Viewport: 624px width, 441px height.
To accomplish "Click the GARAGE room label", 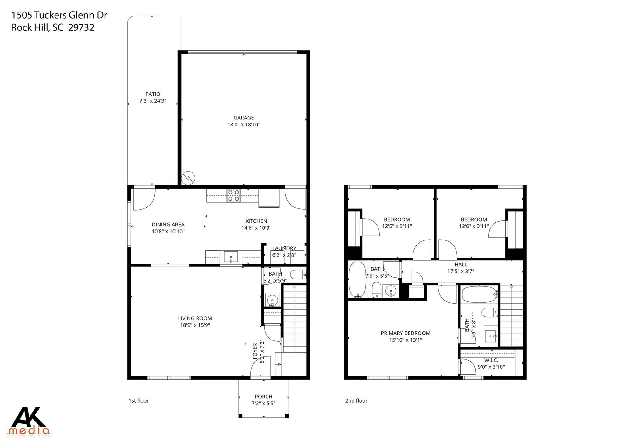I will pyautogui.click(x=243, y=118).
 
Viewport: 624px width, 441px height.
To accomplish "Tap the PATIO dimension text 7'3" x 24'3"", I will pyautogui.click(x=153, y=101).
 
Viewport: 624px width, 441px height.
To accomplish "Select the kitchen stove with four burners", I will pyautogui.click(x=233, y=195).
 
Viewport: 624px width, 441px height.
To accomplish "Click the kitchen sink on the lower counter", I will pyautogui.click(x=231, y=257).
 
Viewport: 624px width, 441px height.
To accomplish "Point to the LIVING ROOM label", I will pyautogui.click(x=195, y=318).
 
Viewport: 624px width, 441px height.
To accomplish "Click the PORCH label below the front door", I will pyautogui.click(x=264, y=397).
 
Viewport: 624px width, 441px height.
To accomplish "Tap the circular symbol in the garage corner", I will pyautogui.click(x=188, y=178).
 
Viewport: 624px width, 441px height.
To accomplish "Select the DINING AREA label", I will pyautogui.click(x=168, y=225).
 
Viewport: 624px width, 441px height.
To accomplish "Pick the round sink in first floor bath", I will pyautogui.click(x=272, y=300).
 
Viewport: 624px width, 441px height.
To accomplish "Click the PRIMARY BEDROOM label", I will pyautogui.click(x=405, y=333).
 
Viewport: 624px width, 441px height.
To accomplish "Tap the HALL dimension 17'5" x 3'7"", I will pyautogui.click(x=461, y=271).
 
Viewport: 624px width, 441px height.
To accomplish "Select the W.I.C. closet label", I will pyautogui.click(x=491, y=360).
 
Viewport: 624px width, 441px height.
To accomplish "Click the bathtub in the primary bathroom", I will pyautogui.click(x=479, y=294).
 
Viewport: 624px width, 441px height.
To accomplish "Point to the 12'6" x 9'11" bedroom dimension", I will pyautogui.click(x=474, y=226).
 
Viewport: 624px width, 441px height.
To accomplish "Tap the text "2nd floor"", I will pyautogui.click(x=356, y=400).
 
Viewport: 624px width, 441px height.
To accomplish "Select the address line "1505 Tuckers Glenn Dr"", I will pyautogui.click(x=59, y=15).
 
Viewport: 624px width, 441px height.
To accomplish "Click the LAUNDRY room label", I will pyautogui.click(x=284, y=248).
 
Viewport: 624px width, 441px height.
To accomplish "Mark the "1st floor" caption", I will pyautogui.click(x=139, y=400).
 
